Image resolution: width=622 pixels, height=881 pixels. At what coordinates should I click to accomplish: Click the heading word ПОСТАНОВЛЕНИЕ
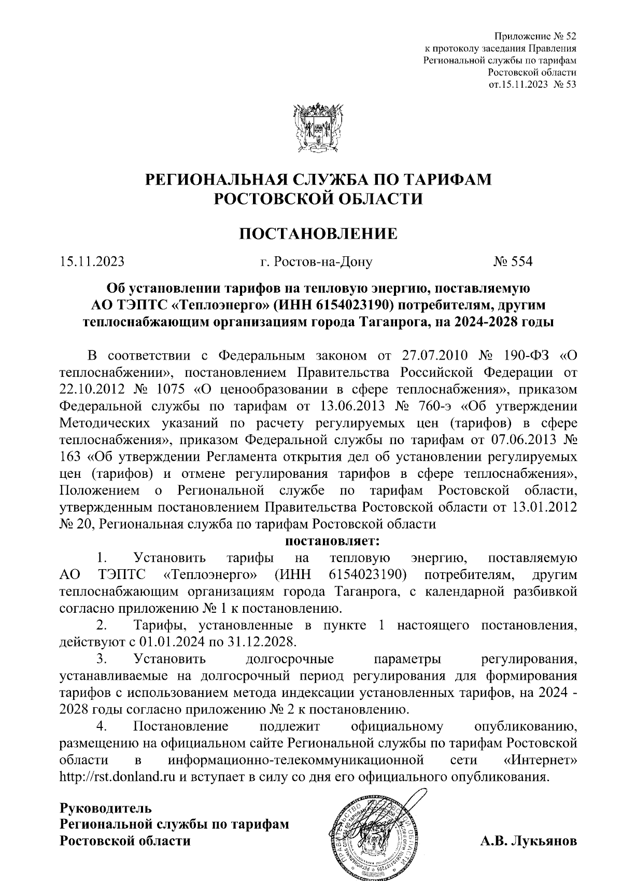[x=318, y=233]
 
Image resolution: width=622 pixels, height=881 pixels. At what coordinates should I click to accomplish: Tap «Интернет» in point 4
[x=540, y=761]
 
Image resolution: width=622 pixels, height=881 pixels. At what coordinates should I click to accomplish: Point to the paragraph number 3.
[x=102, y=659]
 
